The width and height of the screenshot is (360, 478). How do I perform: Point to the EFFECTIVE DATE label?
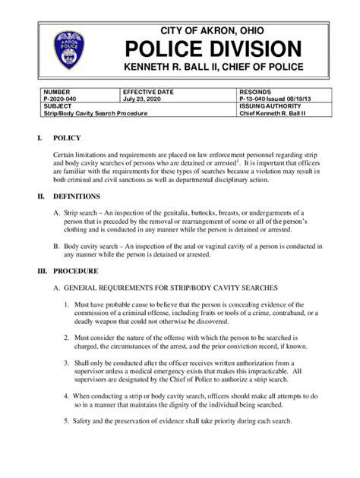(x=149, y=90)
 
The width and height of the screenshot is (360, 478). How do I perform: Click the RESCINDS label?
(x=254, y=90)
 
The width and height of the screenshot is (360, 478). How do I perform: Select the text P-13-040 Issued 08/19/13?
(x=276, y=97)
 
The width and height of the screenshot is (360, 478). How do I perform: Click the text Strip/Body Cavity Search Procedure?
(x=95, y=113)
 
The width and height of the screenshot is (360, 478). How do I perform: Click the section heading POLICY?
(x=64, y=139)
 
